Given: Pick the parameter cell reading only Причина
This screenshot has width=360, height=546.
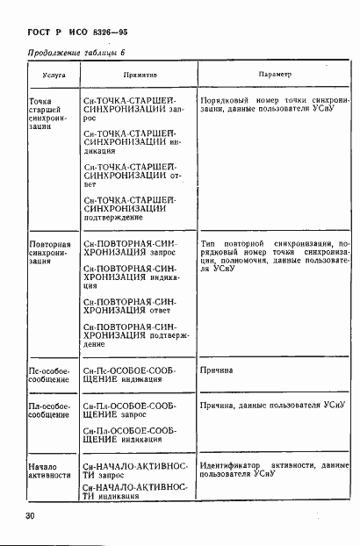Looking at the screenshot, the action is (216, 370).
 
